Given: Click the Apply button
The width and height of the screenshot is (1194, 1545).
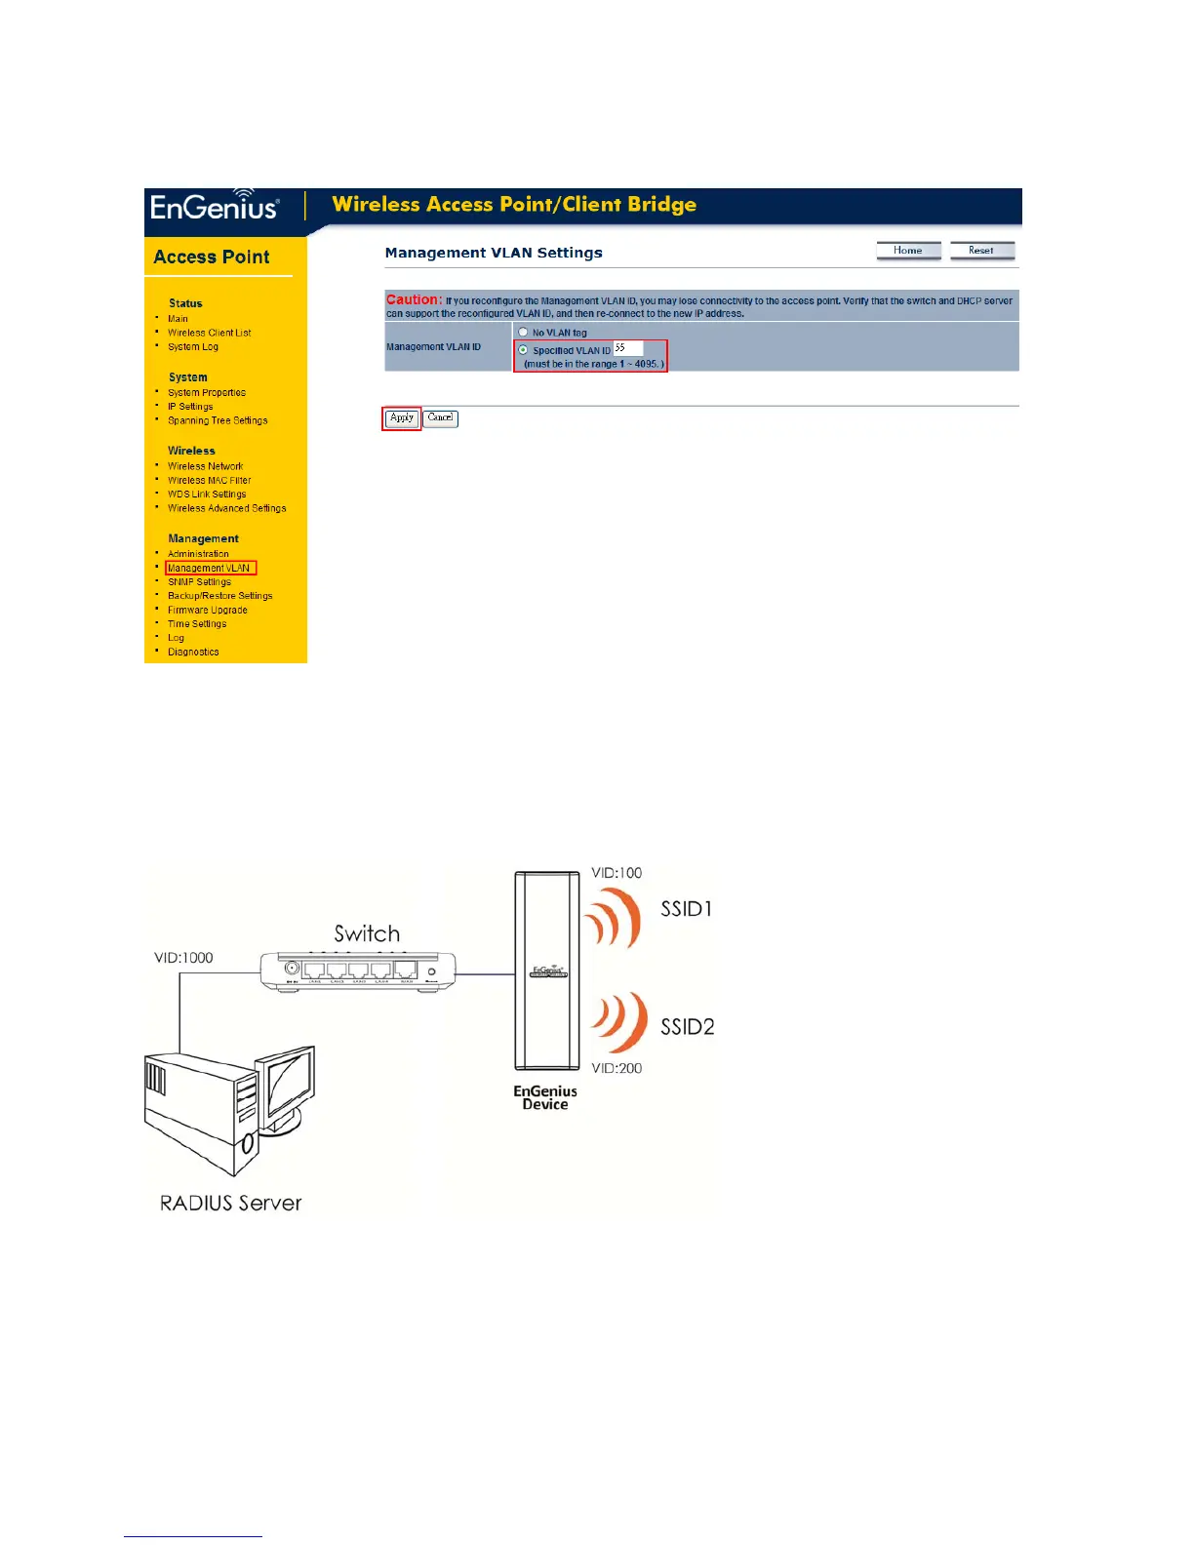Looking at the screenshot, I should pos(401,418).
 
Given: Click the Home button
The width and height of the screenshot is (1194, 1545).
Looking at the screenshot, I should pos(908,251).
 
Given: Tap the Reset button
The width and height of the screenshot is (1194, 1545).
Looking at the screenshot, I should pos(981,251).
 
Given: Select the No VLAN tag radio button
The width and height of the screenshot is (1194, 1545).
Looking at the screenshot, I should pos(524,333).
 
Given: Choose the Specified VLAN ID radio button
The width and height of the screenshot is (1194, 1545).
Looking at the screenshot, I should pos(524,350).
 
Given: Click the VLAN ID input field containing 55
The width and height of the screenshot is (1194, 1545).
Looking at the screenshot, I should pos(627,348).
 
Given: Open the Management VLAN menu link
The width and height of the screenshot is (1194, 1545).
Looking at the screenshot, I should pos(210,568).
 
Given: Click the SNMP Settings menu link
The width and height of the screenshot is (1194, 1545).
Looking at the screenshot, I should pos(200,582).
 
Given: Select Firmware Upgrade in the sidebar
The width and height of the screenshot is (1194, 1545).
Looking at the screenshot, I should pos(208,611).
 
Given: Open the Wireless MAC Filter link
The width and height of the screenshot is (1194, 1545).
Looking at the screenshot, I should pos(210,481).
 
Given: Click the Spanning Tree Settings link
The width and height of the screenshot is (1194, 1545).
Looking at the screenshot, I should pos(218,421).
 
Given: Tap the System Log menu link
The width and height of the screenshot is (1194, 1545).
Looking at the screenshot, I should pos(193,347).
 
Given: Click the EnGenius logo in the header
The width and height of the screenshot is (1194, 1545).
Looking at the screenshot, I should pos(215,207).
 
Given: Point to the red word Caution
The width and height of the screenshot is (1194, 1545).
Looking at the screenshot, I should pos(414,300).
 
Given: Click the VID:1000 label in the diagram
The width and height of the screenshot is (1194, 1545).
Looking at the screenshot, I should pos(183,958).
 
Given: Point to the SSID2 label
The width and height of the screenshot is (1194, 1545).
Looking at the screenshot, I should pos(688,1027).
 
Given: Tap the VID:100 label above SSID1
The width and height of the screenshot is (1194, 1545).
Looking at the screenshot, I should pos(617,873).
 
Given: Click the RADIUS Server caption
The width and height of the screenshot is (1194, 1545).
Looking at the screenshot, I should pos(231,1204).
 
